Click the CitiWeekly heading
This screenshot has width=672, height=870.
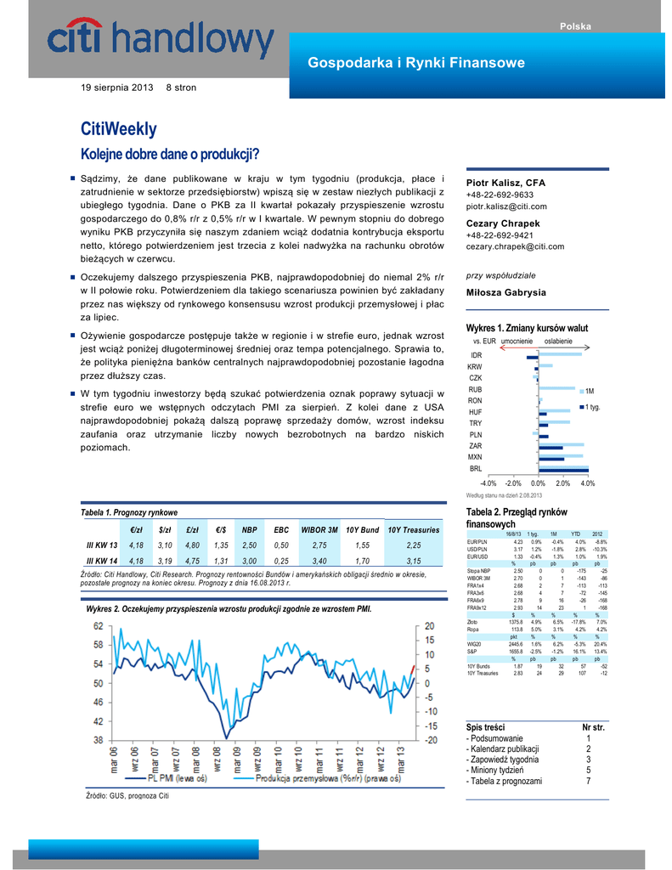coord(118,129)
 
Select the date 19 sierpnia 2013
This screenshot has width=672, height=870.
coord(117,88)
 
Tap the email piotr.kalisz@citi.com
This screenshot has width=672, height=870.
coord(506,206)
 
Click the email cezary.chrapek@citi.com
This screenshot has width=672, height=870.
coord(515,246)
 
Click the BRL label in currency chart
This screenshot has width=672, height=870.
coord(475,468)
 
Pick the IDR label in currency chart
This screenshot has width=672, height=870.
coord(476,354)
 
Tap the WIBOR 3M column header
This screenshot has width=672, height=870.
coord(319,529)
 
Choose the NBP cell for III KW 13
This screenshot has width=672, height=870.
coord(250,545)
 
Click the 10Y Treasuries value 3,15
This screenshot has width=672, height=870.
coord(414,561)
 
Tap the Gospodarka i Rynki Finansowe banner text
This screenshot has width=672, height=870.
coord(415,63)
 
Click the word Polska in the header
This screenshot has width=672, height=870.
coord(574,27)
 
